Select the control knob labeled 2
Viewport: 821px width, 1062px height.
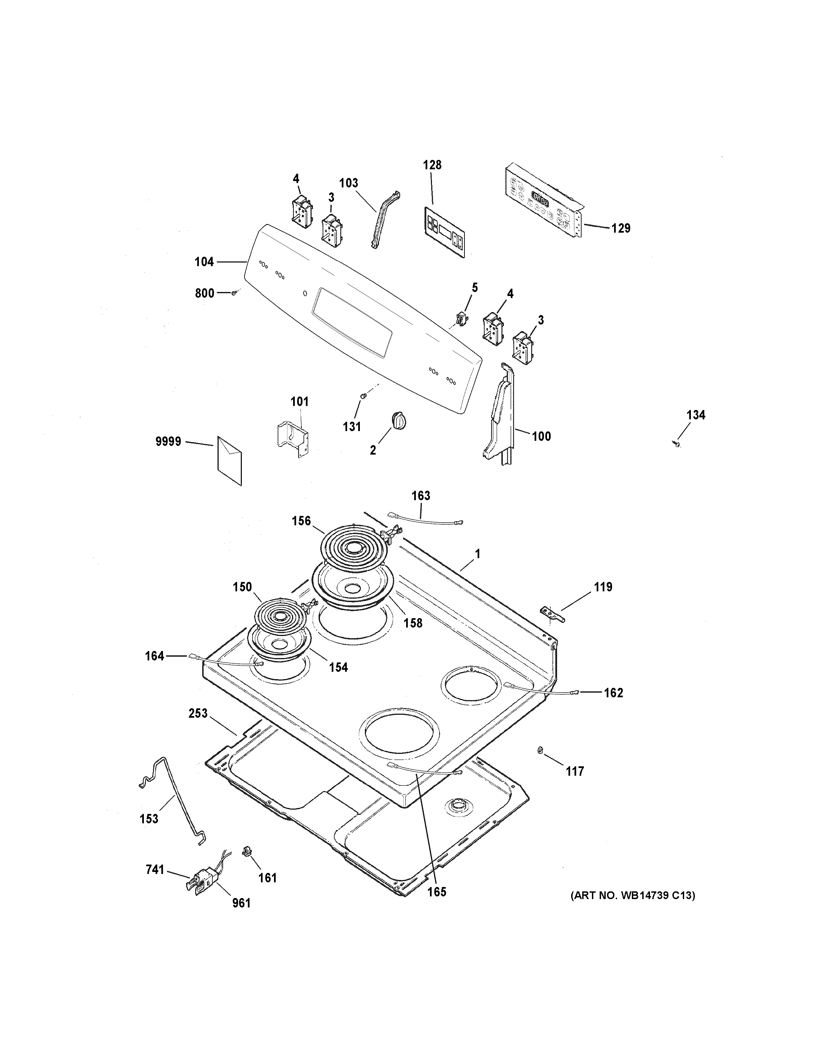point(398,420)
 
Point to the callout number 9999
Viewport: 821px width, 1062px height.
point(168,441)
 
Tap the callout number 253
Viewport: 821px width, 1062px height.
point(198,714)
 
